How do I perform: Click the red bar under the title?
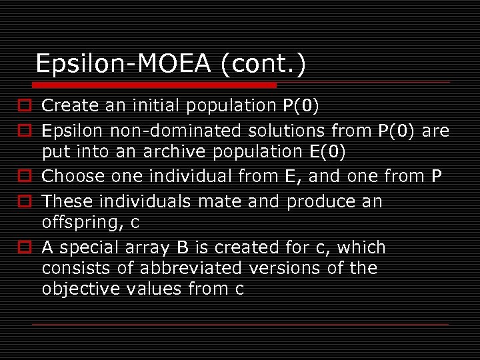pos(154,85)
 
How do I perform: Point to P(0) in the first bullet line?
pos(301,105)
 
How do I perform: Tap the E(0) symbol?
pos(328,152)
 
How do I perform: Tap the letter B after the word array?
pos(182,247)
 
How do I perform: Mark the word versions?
pos(285,268)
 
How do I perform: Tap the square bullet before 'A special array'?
pos(23,247)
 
